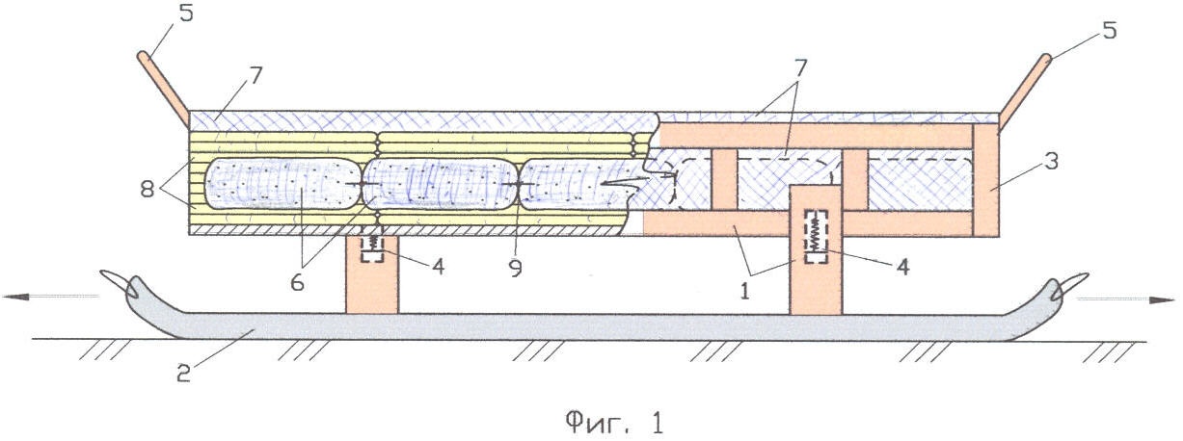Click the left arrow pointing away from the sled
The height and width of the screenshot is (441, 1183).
point(50,297)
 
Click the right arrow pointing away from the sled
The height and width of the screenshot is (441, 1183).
point(1124,300)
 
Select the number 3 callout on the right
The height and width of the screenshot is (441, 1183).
point(1052,162)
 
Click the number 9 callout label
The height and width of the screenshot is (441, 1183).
point(516,268)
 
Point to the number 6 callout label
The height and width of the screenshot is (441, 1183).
point(297,283)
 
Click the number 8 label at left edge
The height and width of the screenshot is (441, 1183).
point(147,189)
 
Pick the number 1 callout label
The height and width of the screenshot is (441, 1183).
point(744,291)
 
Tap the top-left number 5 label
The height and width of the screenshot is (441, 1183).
point(186,13)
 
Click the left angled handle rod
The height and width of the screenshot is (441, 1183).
point(163,88)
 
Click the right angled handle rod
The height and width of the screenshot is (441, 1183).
point(1024,90)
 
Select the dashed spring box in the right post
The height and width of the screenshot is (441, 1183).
point(815,236)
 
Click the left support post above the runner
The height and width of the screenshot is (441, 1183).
point(372,274)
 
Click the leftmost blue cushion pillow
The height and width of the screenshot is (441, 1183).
point(283,184)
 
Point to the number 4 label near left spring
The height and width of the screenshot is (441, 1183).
point(438,267)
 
